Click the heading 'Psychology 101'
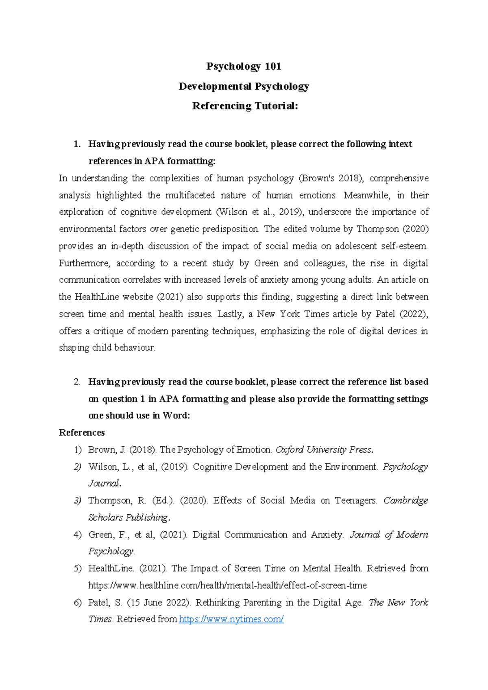coord(244,66)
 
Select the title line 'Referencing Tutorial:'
coord(245,106)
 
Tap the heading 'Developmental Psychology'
coord(244,86)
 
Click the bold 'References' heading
coord(82,432)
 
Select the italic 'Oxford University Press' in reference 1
coord(323,450)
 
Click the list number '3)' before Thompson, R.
coord(78,501)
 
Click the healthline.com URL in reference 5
coord(227,585)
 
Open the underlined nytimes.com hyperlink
coord(231,619)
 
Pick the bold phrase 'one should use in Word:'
coord(139,416)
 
